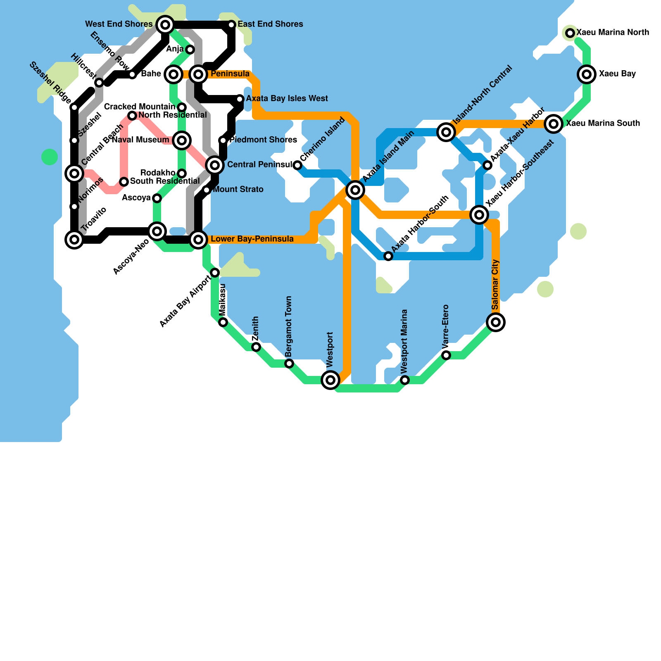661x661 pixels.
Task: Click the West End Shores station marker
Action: tap(165, 25)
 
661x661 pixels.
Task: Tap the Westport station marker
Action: tap(330, 380)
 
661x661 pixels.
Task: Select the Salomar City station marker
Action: tap(496, 322)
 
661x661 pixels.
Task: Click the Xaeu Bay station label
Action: tap(617, 74)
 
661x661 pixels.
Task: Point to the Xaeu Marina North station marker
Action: tap(570, 33)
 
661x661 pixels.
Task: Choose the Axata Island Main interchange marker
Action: tap(355, 190)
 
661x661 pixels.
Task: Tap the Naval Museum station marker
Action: tap(182, 140)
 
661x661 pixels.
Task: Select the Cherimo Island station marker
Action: tap(297, 165)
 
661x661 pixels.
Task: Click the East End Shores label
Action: tap(270, 24)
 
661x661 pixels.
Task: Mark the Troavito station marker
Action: tap(74, 239)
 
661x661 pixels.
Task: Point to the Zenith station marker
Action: tap(256, 347)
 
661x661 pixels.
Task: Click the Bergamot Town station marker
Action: tap(289, 363)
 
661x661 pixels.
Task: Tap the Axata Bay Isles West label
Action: tap(287, 99)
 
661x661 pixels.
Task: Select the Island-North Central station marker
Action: tap(446, 132)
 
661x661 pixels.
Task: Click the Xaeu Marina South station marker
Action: tap(554, 124)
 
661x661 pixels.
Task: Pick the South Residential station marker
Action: tap(124, 181)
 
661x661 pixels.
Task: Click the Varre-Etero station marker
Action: tap(446, 355)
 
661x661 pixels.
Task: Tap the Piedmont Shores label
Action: tap(263, 140)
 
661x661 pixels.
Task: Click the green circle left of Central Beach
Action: tap(50, 157)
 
